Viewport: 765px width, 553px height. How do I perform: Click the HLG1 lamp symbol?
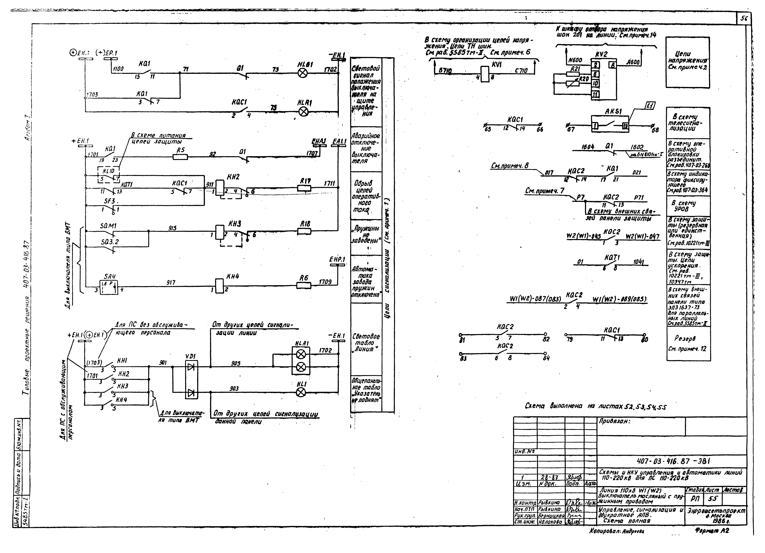tap(303, 73)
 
